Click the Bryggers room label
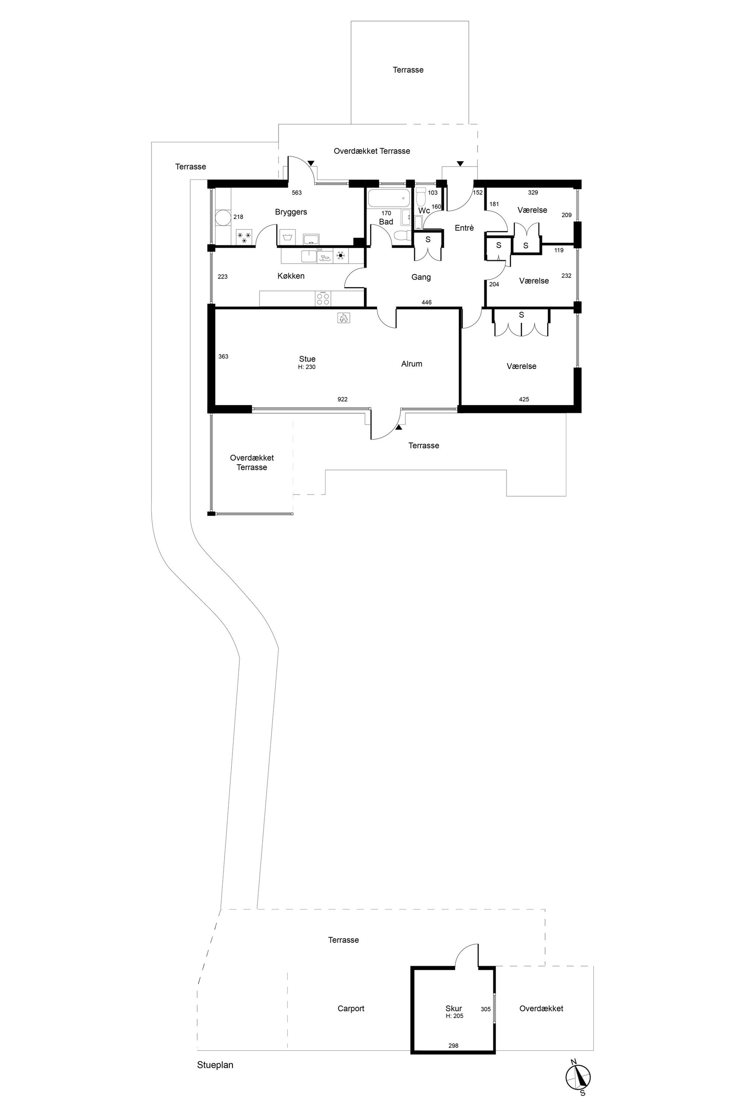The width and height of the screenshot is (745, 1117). (x=291, y=212)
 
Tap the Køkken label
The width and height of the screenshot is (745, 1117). (x=291, y=276)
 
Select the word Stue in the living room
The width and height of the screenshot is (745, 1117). (x=307, y=359)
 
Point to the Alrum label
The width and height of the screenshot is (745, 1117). (x=412, y=364)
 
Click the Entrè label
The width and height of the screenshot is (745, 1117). (x=464, y=228)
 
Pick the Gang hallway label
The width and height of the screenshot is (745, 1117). (x=421, y=277)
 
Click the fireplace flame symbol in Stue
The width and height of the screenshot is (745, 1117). (x=344, y=318)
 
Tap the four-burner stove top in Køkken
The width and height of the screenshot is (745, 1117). (x=323, y=299)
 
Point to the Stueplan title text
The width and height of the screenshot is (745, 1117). (x=215, y=1065)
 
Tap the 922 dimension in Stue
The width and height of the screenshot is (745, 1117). (x=342, y=399)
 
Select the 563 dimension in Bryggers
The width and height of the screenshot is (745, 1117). (x=297, y=193)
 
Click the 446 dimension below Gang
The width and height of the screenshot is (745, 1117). (x=427, y=303)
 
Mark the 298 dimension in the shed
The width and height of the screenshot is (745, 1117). (x=454, y=1045)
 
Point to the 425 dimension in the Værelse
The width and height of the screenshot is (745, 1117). (x=524, y=399)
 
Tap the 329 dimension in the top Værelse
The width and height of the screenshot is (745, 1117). (x=533, y=193)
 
